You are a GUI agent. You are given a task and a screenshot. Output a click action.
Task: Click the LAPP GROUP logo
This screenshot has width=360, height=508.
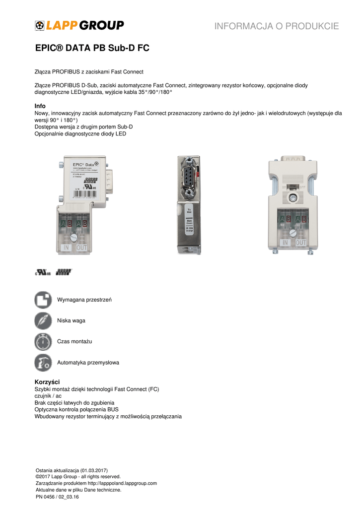pos(79,25)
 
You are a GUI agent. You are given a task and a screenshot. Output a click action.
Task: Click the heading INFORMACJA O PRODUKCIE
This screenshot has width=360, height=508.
pos(277,26)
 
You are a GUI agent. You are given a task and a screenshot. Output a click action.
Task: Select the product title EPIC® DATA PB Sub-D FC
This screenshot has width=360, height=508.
pos(92,49)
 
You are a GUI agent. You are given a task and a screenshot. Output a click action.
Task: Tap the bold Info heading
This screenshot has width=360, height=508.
pos(40,106)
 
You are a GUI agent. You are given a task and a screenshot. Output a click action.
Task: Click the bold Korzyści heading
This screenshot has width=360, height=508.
pos(47,382)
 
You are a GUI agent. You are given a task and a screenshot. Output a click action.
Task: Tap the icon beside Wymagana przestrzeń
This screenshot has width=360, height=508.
pos(43,300)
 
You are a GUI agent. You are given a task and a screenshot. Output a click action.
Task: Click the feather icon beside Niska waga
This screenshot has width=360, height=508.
pos(43,320)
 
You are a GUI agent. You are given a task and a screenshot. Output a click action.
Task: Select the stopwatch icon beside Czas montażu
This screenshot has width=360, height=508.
pos(43,342)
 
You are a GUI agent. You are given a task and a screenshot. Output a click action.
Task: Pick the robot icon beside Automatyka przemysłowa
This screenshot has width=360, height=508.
pos(43,363)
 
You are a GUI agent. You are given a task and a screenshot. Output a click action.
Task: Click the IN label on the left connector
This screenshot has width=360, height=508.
pos(66,247)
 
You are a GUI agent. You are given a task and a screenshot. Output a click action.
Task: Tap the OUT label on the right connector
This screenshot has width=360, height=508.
pos(301,243)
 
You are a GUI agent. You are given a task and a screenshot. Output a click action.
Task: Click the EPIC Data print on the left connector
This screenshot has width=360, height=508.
pos(84,165)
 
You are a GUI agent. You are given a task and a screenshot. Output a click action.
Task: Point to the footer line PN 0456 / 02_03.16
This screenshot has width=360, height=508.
pos(58,496)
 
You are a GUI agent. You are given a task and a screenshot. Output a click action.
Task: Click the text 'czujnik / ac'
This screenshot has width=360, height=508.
pos(48,396)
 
